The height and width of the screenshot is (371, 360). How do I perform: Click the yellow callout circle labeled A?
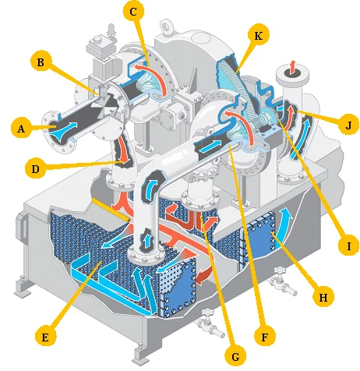pyautogui.click(x=21, y=129)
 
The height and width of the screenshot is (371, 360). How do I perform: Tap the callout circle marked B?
pyautogui.click(x=41, y=62)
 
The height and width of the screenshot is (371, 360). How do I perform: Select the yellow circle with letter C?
pyautogui.click(x=133, y=12)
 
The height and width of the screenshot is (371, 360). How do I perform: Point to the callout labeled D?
pyautogui.click(x=35, y=169)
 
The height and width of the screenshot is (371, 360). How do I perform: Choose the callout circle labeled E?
pyautogui.click(x=45, y=337)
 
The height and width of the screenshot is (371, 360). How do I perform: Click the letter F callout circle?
pyautogui.click(x=264, y=337)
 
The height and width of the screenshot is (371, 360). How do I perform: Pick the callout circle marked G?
pyautogui.click(x=235, y=356)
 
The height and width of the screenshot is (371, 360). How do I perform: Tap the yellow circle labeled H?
pyautogui.click(x=323, y=297)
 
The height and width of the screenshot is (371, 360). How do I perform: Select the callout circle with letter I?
pyautogui.click(x=349, y=246)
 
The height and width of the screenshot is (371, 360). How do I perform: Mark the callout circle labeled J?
pyautogui.click(x=348, y=125)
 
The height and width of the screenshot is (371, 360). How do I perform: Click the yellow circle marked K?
pyautogui.click(x=258, y=36)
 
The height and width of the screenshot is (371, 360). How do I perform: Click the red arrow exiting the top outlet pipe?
pyautogui.click(x=292, y=68)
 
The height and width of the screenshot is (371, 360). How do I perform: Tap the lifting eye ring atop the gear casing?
pyautogui.click(x=165, y=26)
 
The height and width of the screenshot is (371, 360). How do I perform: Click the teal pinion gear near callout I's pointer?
pyautogui.click(x=266, y=118)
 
